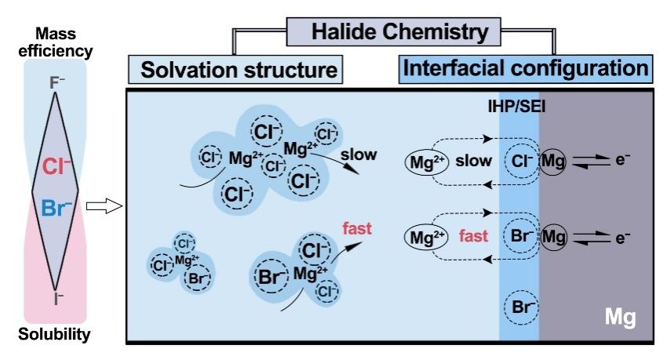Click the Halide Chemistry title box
tap(393, 32)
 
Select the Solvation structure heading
tap(235, 69)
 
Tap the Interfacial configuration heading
tap(526, 68)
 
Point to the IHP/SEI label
tap(516, 106)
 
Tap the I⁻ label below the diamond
tap(58, 298)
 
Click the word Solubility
tap(54, 334)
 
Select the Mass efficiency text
tap(55, 42)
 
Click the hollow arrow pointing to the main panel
tap(104, 206)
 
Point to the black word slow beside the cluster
tap(359, 155)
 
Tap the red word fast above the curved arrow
tap(357, 229)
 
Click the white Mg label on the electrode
tap(620, 317)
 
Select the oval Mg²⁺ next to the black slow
tap(427, 163)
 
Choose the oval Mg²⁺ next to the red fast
tap(426, 238)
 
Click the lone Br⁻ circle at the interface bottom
tap(522, 307)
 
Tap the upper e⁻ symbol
tap(622, 159)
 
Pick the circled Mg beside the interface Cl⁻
tap(553, 162)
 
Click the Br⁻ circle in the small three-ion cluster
tap(197, 278)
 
